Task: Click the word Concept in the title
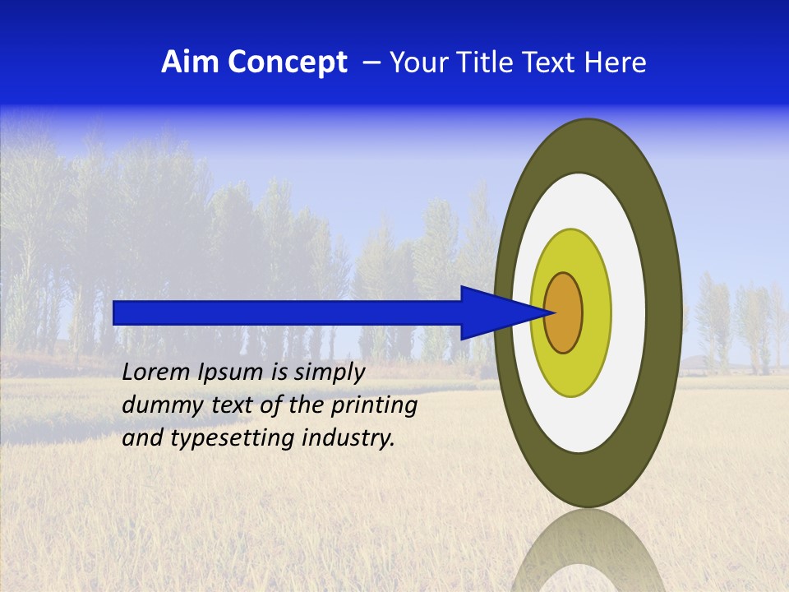(x=287, y=62)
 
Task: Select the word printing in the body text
(x=376, y=406)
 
